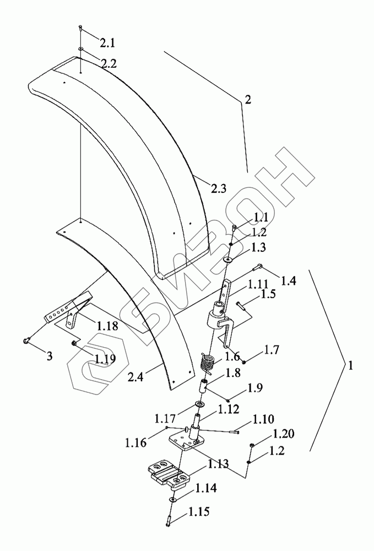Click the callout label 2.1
coord(108,42)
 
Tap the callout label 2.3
coord(218,190)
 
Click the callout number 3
coord(50,356)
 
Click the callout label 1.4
coord(288,281)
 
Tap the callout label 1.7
coord(272,349)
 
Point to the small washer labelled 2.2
coord(80,50)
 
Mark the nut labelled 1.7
coord(243,361)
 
